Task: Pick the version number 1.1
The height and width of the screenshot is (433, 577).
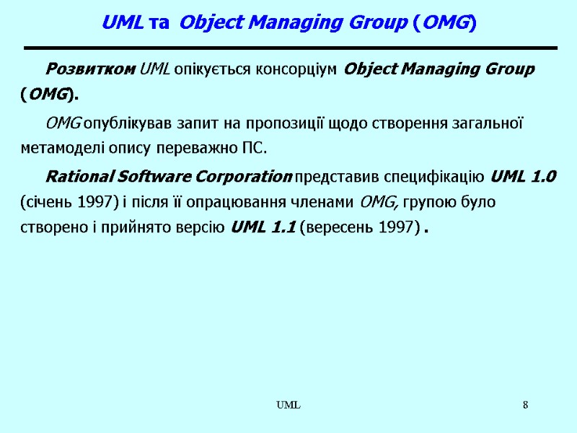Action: click(x=280, y=228)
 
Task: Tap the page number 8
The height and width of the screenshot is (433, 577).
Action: click(x=526, y=406)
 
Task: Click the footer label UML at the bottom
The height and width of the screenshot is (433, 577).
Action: click(x=289, y=406)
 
